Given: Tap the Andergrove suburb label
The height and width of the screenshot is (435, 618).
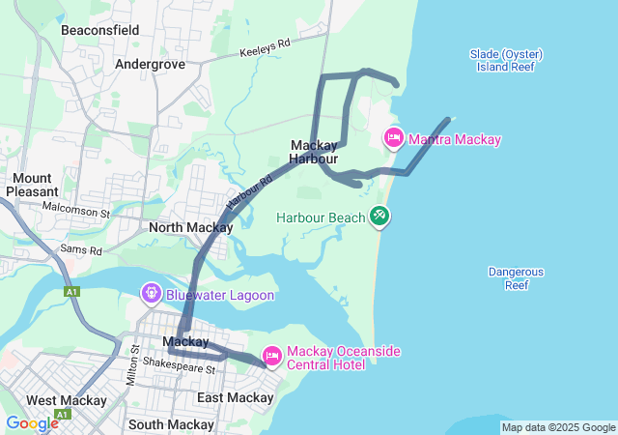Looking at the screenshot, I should pos(150,64).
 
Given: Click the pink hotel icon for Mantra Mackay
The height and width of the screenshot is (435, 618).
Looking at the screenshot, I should pos(394,139).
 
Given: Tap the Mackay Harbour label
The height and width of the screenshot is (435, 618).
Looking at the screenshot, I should pos(314,152).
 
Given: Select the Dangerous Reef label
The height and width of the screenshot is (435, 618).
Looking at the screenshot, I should pos(517,278).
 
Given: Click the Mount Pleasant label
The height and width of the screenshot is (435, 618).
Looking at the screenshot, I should pos(32,185).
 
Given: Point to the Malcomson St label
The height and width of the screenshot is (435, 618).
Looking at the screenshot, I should pos(77,209).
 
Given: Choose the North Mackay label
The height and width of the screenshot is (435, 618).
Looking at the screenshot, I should pos(190,228).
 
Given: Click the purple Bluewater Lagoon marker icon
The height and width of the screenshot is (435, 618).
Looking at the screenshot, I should pos(151,293).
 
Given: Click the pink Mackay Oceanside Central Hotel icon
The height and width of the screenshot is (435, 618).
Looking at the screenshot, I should pos(272,358).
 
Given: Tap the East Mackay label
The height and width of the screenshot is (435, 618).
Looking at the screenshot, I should pos(235,397).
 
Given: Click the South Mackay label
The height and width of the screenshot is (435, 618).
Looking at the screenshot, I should pos(170,424).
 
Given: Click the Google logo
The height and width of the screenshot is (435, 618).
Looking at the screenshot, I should pos(32,423).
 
